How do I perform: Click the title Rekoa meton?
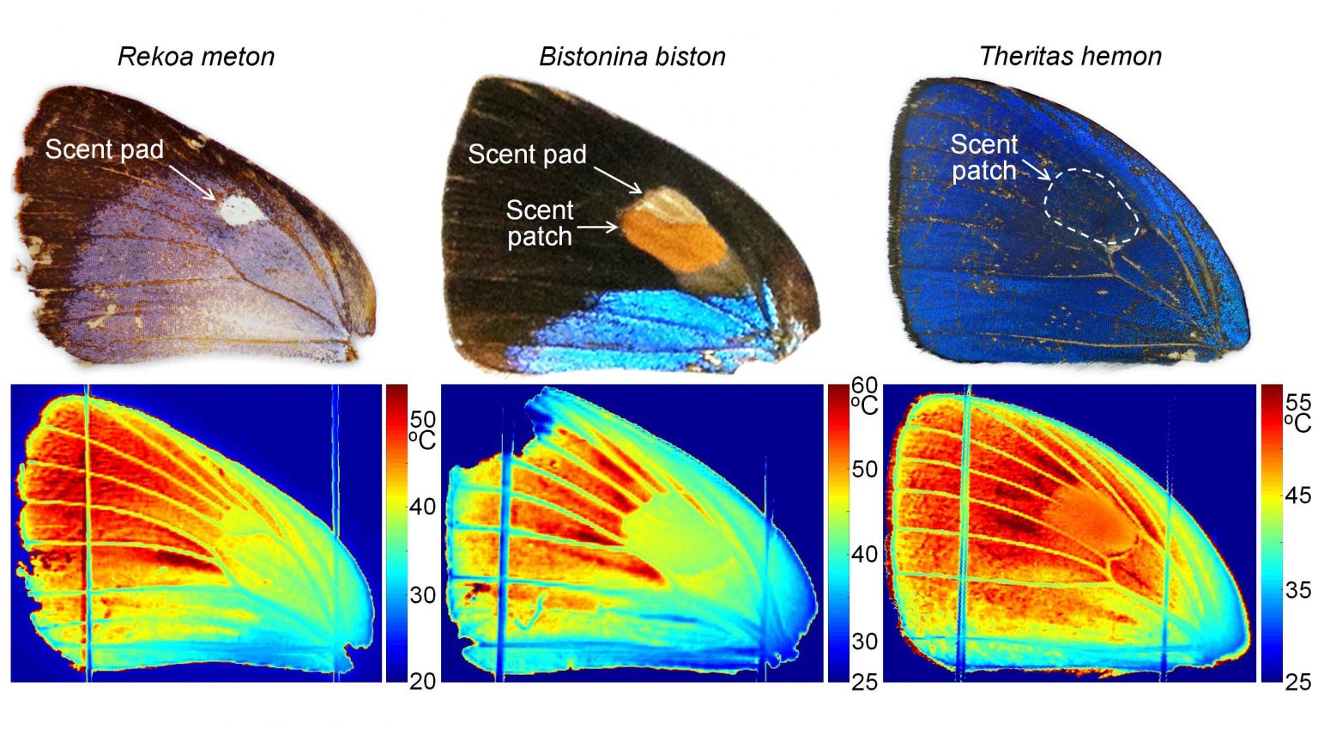[x=196, y=57]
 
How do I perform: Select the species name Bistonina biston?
[x=632, y=57]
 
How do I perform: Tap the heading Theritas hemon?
[x=1070, y=57]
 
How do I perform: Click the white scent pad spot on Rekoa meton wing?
[x=239, y=210]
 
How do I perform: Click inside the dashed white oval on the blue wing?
[x=1091, y=207]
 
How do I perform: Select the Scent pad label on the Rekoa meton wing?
[x=104, y=149]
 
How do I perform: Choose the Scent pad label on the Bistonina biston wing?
[x=527, y=155]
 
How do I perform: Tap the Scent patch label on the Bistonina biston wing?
[x=539, y=223]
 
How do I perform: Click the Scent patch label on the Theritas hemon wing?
[x=983, y=157]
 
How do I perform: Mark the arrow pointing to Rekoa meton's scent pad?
[x=192, y=182]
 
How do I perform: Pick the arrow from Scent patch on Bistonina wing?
[x=598, y=228]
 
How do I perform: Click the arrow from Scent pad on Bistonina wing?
[x=618, y=179]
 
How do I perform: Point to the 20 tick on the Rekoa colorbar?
[x=422, y=681]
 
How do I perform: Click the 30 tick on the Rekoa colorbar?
[x=422, y=594]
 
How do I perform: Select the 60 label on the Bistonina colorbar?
[x=864, y=386]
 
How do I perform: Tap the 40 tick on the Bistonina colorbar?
[x=864, y=554]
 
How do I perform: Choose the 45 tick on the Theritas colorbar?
[x=1297, y=495]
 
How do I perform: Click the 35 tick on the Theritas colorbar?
[x=1297, y=589]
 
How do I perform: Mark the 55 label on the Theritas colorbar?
[x=1297, y=402]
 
